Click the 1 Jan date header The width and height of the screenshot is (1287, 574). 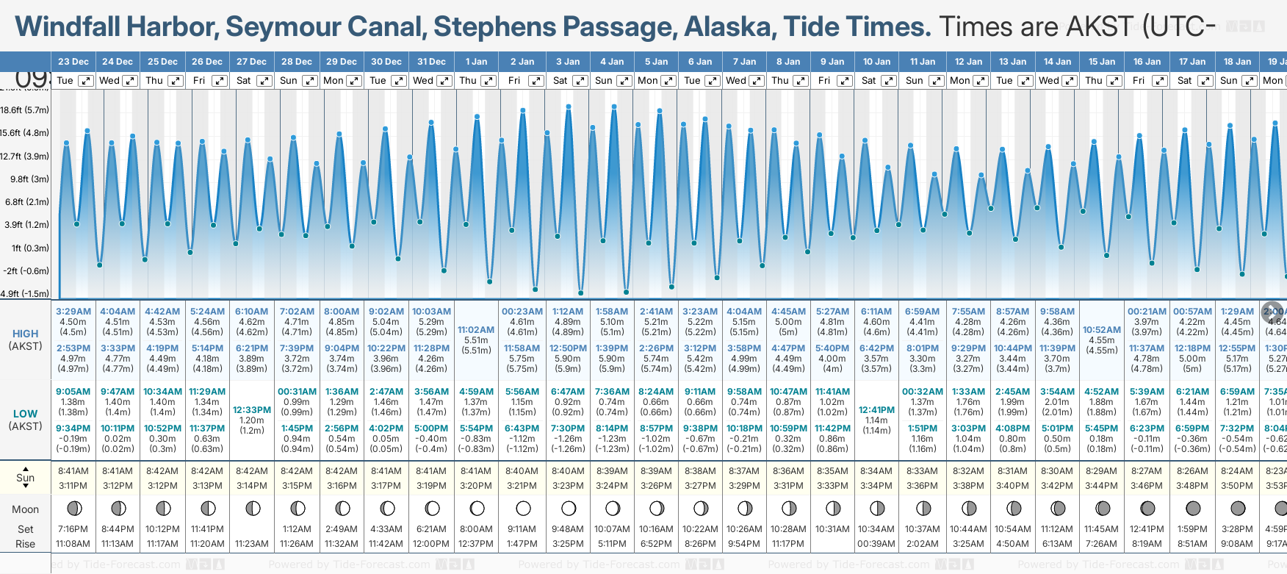coord(476,62)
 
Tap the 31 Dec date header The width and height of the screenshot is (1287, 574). coord(431,62)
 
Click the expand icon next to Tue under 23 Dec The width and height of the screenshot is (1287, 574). coord(86,81)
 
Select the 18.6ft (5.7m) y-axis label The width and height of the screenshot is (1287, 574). coord(25,110)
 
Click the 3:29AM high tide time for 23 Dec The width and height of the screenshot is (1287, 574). coord(73,312)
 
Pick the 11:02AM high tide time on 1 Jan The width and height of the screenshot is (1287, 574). coord(476,330)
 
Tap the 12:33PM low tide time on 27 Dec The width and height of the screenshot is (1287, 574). coord(252,410)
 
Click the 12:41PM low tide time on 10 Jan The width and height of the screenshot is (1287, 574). coord(876,410)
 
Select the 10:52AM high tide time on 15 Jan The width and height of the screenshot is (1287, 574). coord(1102,330)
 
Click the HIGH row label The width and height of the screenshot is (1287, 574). coord(25,334)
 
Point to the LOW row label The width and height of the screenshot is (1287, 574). coord(25,414)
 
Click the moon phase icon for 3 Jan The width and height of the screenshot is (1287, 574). coord(569,508)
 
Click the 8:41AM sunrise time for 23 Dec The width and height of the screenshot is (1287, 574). coord(73,471)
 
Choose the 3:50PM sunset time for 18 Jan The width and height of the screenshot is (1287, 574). coord(1237,486)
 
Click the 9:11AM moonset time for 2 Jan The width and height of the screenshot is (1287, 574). coord(522,529)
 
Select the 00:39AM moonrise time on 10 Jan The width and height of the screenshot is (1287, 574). coord(876,544)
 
